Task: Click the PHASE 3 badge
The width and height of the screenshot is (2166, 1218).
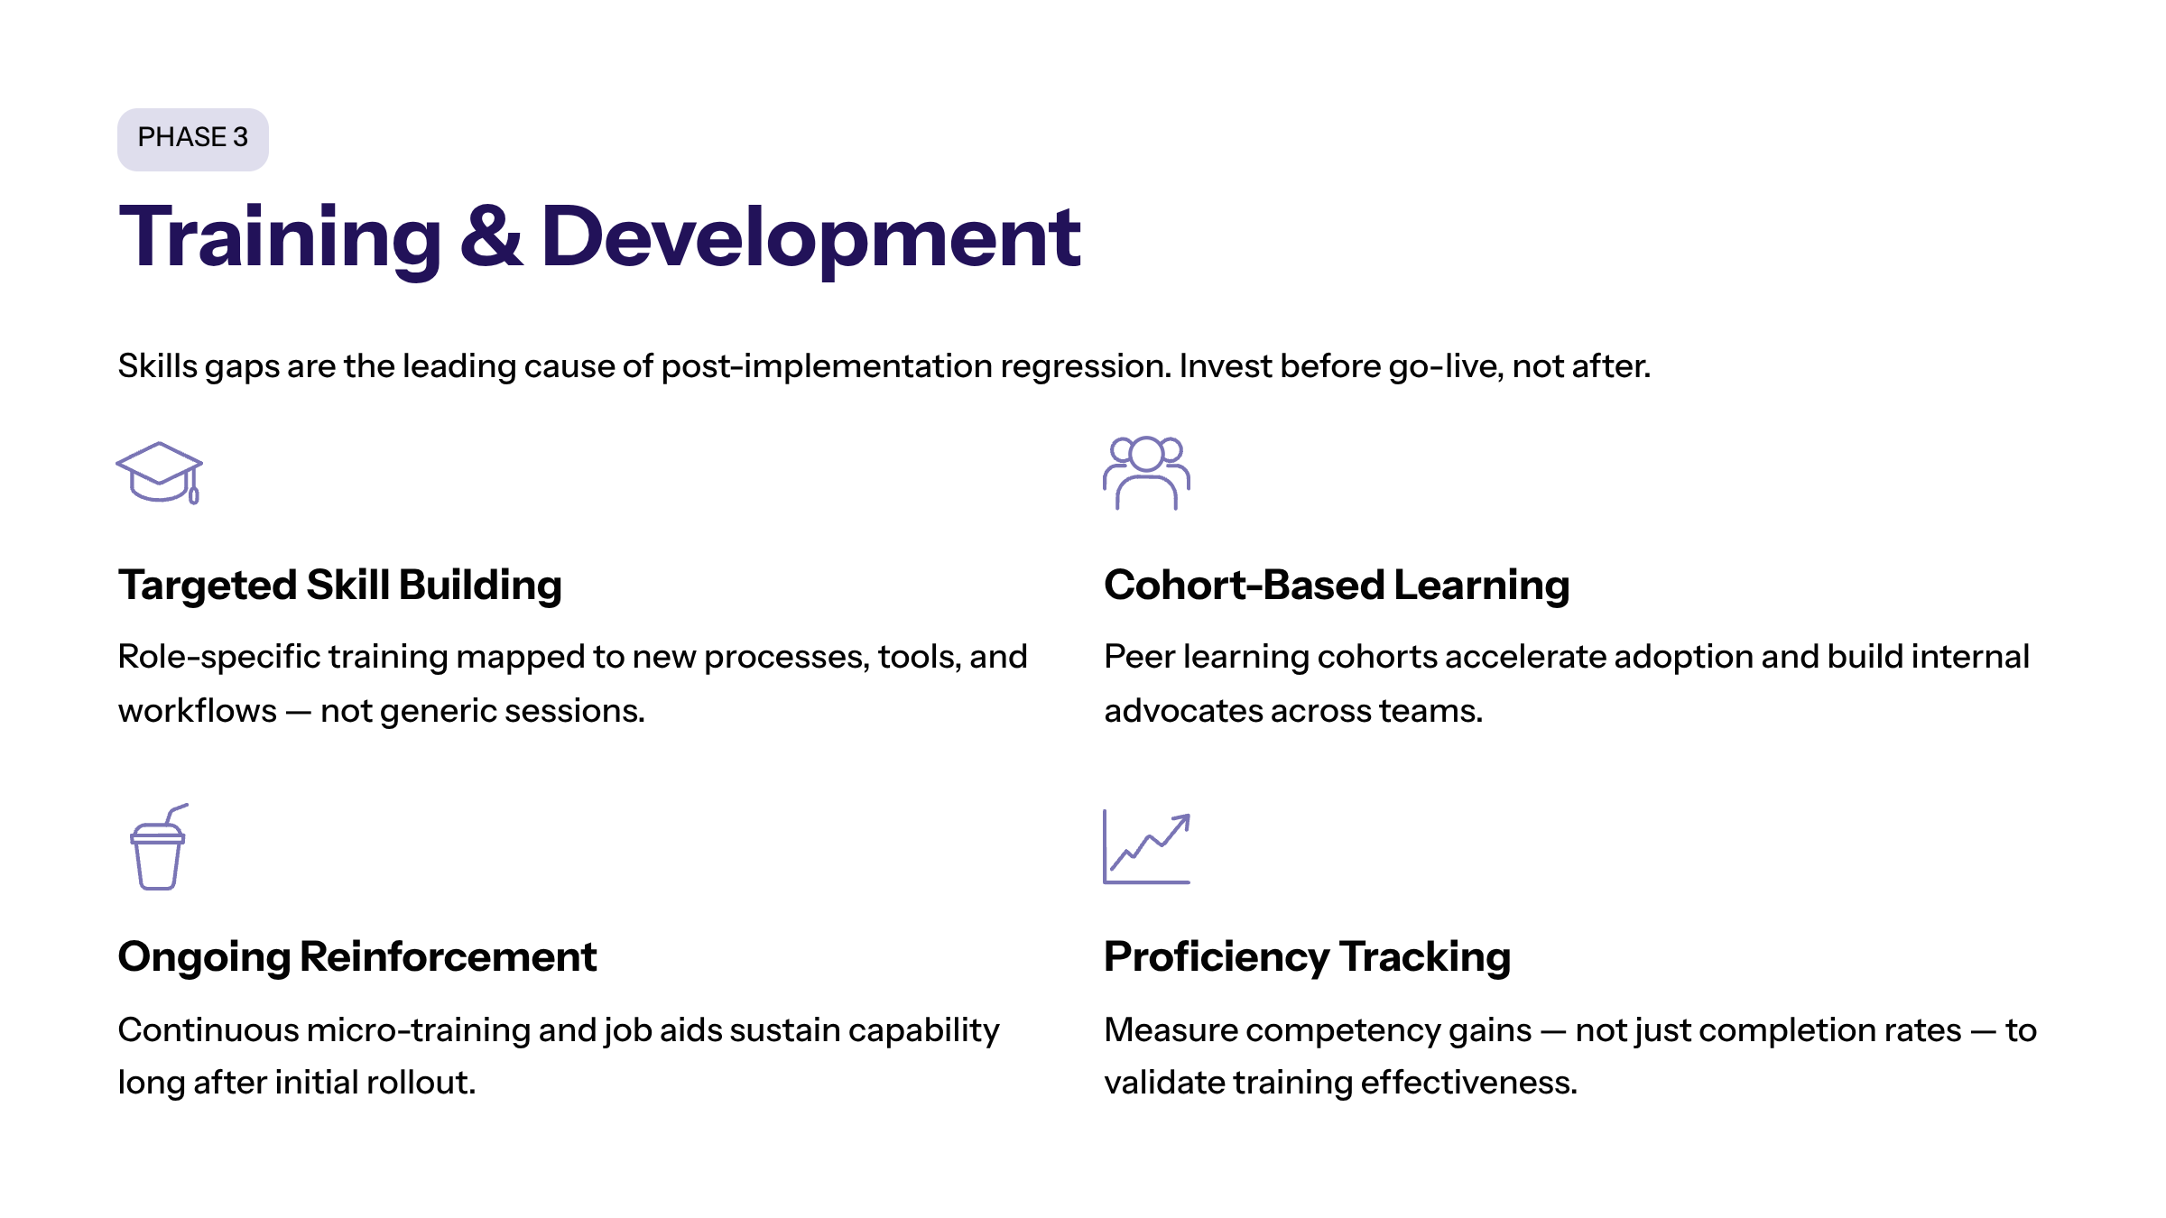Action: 192,139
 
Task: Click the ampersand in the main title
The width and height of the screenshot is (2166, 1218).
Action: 491,237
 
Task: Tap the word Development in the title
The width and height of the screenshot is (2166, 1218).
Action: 810,237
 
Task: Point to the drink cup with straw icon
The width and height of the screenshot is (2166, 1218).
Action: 159,847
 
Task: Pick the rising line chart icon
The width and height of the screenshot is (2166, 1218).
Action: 1146,847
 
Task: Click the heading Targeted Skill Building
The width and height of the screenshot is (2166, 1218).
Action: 339,586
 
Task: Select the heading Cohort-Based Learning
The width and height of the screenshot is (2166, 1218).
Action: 1336,586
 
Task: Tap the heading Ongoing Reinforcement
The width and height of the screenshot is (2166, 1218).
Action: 356,957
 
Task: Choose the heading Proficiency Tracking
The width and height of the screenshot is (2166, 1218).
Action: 1306,957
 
